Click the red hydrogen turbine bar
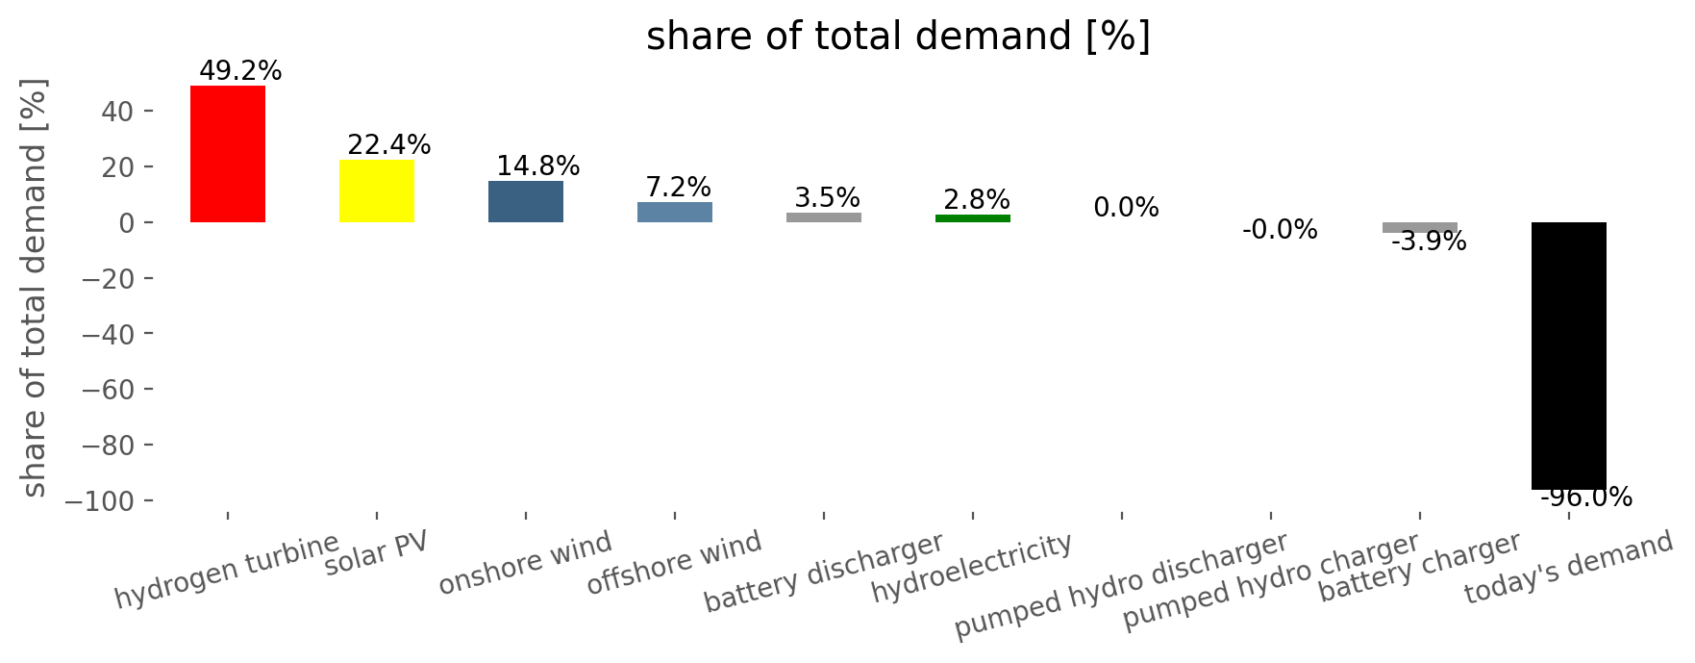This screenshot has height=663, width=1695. pyautogui.click(x=228, y=154)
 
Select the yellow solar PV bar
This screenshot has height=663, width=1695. pyautogui.click(x=377, y=191)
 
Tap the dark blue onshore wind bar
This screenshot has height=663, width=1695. pyautogui.click(x=526, y=201)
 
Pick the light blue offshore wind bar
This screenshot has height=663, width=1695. pyautogui.click(x=675, y=212)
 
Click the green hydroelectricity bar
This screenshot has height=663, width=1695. pyautogui.click(x=973, y=218)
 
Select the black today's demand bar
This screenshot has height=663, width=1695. pyautogui.click(x=1569, y=356)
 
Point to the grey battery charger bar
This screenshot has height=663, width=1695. pyautogui.click(x=1420, y=227)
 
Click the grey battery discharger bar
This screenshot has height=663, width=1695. pyautogui.click(x=824, y=217)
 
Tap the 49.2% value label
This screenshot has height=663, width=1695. pyautogui.click(x=240, y=71)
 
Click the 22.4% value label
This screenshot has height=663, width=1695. pyautogui.click(x=389, y=145)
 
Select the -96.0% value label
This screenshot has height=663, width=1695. pyautogui.click(x=1586, y=497)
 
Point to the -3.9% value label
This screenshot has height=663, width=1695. pyautogui.click(x=1429, y=242)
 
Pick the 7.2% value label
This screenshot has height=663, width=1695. pyautogui.click(x=679, y=188)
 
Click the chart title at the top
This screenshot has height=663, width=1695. pyautogui.click(x=898, y=37)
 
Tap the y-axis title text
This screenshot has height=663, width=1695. pyautogui.click(x=35, y=288)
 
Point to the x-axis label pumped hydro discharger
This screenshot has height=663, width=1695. pyautogui.click(x=1121, y=586)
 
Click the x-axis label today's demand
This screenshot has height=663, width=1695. pyautogui.click(x=1569, y=568)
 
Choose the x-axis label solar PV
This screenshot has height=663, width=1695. pyautogui.click(x=376, y=555)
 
